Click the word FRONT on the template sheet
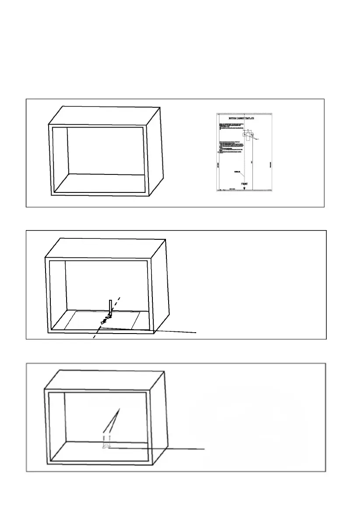(x=247, y=185)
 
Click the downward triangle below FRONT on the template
(x=244, y=189)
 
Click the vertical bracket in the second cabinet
(x=111, y=307)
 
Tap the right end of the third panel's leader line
(x=205, y=449)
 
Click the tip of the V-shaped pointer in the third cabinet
(x=120, y=409)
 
